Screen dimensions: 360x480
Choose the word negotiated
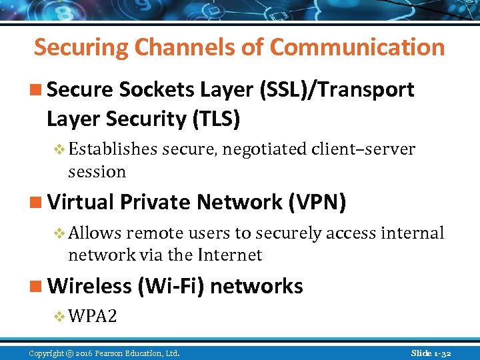tap(265, 149)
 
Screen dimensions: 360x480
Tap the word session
tap(97, 171)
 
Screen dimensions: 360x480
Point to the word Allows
tap(95, 233)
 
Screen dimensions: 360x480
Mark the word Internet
tap(228, 255)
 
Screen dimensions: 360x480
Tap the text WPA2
tap(93, 315)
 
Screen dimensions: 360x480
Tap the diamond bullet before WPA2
tap(59, 316)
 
